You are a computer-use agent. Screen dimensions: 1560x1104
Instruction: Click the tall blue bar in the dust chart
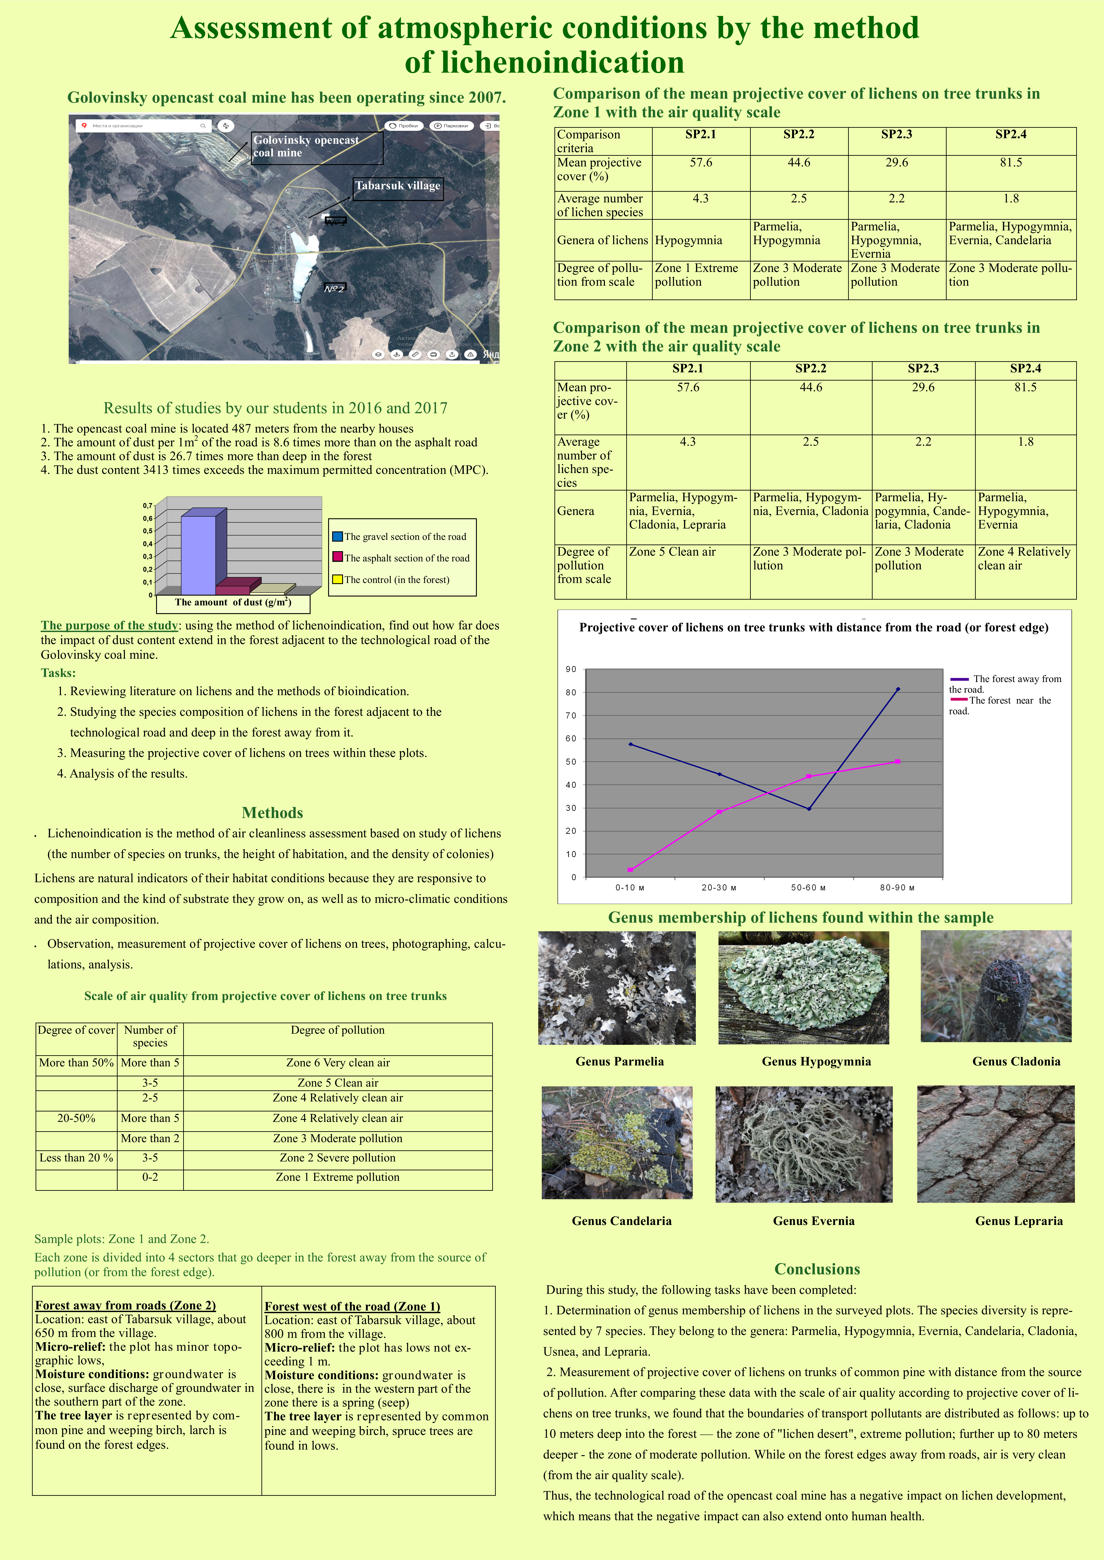pyautogui.click(x=199, y=554)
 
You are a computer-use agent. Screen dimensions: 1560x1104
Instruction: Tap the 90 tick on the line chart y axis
pyautogui.click(x=571, y=669)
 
